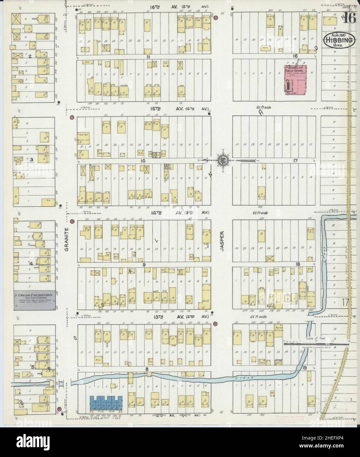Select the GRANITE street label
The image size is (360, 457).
pos(66,240)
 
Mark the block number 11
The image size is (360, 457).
pos(148,57)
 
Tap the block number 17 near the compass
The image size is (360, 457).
pos(295,160)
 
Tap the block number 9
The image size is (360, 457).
pos(144,264)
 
